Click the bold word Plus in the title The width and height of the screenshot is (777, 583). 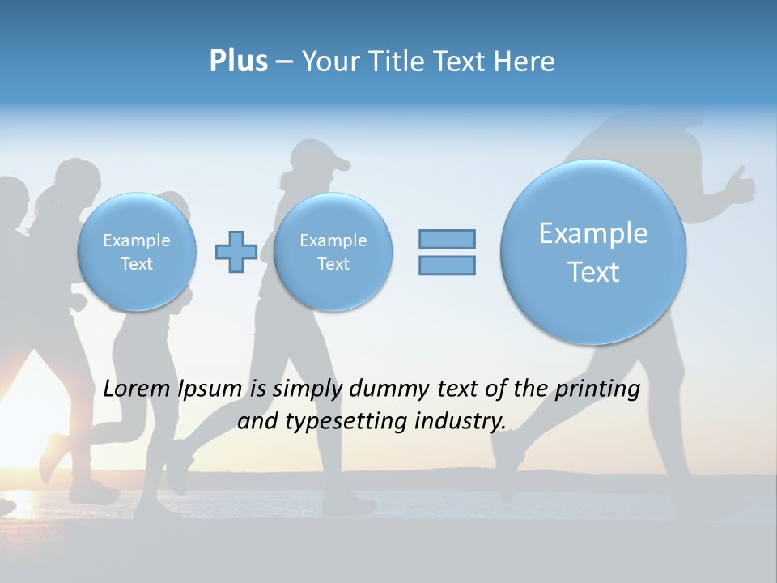coord(238,62)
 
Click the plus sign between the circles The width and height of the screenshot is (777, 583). coord(236,252)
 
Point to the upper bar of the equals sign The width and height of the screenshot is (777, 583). coord(447,239)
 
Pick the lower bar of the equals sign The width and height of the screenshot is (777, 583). coord(447,265)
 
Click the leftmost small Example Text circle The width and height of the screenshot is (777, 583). coord(137,252)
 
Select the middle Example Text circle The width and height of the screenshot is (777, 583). coord(333,252)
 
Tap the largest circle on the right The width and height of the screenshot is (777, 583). coord(593,252)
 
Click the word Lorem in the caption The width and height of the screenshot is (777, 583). coord(138,389)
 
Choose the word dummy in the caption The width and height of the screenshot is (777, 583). coord(389,389)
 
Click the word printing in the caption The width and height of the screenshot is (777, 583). coord(597,389)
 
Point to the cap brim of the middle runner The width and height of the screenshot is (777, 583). coord(341,165)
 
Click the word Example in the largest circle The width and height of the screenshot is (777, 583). coord(593,233)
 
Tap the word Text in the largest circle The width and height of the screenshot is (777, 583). coord(593,272)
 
